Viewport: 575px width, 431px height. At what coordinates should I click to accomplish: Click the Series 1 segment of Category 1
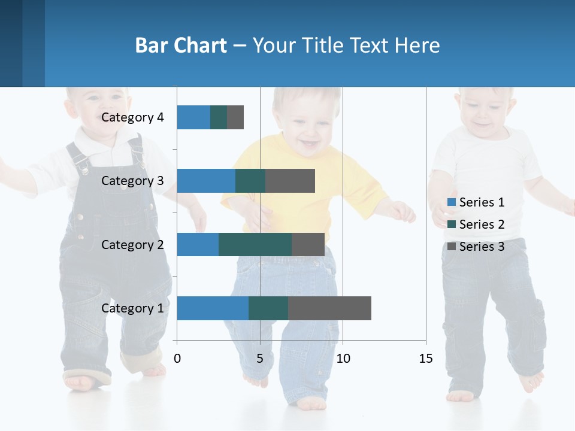point(213,308)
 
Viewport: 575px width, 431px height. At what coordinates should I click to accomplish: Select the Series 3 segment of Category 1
point(329,308)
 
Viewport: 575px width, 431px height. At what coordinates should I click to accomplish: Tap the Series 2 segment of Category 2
point(255,245)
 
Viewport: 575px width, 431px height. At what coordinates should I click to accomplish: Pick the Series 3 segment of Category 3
point(290,181)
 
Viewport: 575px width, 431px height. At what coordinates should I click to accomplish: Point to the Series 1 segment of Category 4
point(193,117)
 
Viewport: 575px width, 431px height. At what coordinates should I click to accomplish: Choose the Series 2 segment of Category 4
point(219,117)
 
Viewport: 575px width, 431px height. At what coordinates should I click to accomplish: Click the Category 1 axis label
point(132,308)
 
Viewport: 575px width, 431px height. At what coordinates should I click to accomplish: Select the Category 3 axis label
point(132,181)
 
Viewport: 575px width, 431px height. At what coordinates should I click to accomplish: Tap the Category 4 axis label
point(132,117)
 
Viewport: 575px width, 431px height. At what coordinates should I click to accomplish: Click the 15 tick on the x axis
point(425,359)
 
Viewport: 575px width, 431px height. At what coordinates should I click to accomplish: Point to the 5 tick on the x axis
point(260,359)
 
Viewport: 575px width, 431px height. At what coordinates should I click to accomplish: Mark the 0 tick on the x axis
point(177,359)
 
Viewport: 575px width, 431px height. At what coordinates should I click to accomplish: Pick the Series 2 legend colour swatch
point(452,224)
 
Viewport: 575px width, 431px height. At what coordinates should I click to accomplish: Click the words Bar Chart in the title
point(181,45)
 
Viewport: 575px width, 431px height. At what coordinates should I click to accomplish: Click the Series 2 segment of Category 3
point(250,181)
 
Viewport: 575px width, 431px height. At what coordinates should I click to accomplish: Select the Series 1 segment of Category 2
point(198,245)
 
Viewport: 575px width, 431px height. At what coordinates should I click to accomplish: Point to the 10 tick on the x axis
point(343,359)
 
